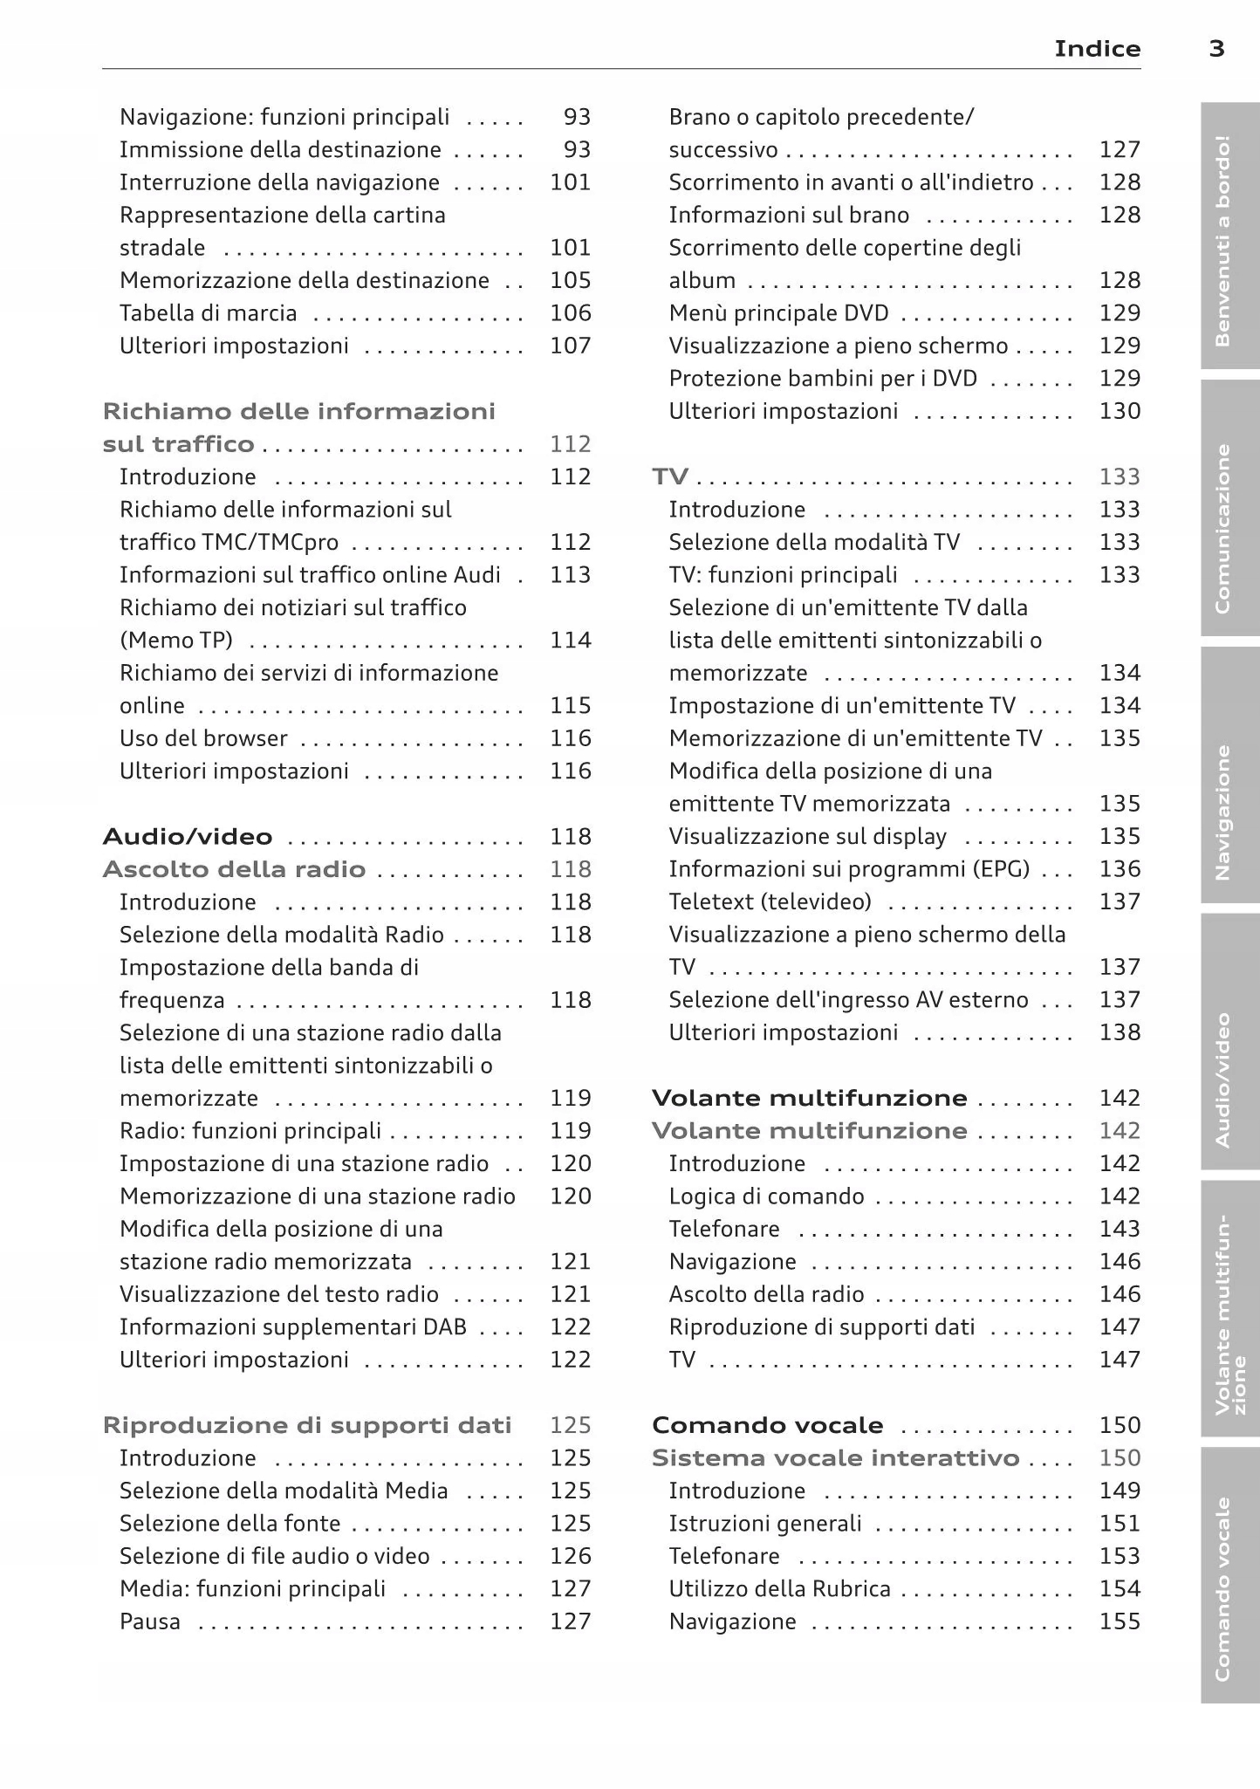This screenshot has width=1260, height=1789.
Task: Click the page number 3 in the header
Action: [1216, 49]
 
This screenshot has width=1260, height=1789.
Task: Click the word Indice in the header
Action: [1097, 49]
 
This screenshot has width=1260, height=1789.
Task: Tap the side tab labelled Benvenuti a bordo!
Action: [1225, 239]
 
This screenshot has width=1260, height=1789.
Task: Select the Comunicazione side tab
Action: [1225, 527]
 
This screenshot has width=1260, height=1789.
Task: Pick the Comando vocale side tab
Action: [1225, 1588]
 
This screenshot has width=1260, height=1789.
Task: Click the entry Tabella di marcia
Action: [208, 313]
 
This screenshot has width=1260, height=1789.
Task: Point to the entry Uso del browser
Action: [203, 738]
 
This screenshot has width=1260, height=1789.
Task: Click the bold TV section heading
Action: [670, 476]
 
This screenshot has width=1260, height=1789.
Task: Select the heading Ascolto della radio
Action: [234, 869]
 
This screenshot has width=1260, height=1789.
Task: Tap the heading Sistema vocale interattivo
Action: [835, 1458]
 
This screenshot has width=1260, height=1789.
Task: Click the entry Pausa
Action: [150, 1621]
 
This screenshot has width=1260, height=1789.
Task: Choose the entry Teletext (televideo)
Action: [770, 901]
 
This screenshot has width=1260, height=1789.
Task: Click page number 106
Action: [571, 313]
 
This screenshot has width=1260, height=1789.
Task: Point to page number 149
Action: [1120, 1491]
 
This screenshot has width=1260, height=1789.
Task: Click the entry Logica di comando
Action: [766, 1196]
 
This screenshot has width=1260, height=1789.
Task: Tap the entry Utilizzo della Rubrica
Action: [779, 1589]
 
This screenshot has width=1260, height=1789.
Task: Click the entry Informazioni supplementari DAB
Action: [293, 1327]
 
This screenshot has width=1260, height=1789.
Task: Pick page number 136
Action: [1120, 869]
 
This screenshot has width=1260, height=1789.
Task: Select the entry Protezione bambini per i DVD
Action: [822, 379]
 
